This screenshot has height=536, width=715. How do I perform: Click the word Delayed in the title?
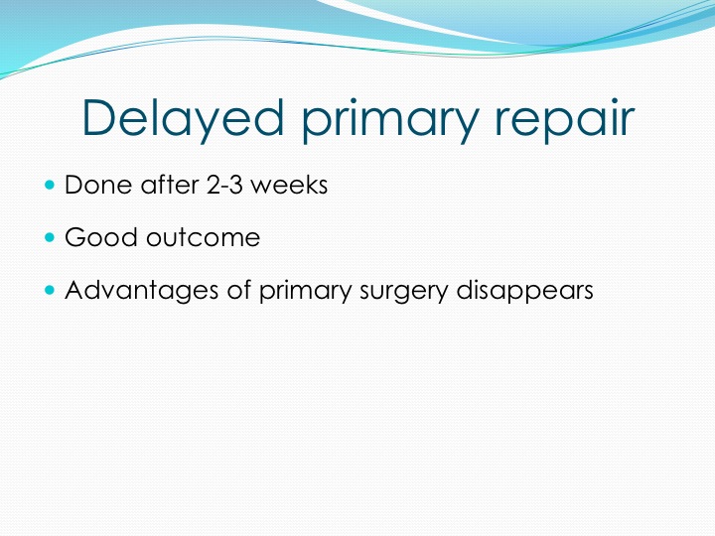point(183,117)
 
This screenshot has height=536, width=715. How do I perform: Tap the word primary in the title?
point(389,121)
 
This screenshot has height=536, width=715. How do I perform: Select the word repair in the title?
point(564,121)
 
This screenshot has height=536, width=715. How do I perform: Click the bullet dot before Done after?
point(50,185)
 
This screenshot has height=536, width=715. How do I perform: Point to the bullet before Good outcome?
point(50,237)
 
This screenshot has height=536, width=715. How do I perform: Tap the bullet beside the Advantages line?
point(50,290)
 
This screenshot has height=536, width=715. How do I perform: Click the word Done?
point(98,185)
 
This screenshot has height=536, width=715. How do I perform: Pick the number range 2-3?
point(224,185)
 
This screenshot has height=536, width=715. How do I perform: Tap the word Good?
point(101,237)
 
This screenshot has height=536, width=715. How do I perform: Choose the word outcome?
point(204,238)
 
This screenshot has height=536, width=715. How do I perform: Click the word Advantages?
point(141,291)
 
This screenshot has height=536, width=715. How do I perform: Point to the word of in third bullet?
point(239,290)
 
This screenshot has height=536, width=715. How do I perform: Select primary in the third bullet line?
point(306,292)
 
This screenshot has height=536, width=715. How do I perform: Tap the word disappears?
point(525,291)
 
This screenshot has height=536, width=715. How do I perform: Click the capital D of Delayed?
point(97,117)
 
